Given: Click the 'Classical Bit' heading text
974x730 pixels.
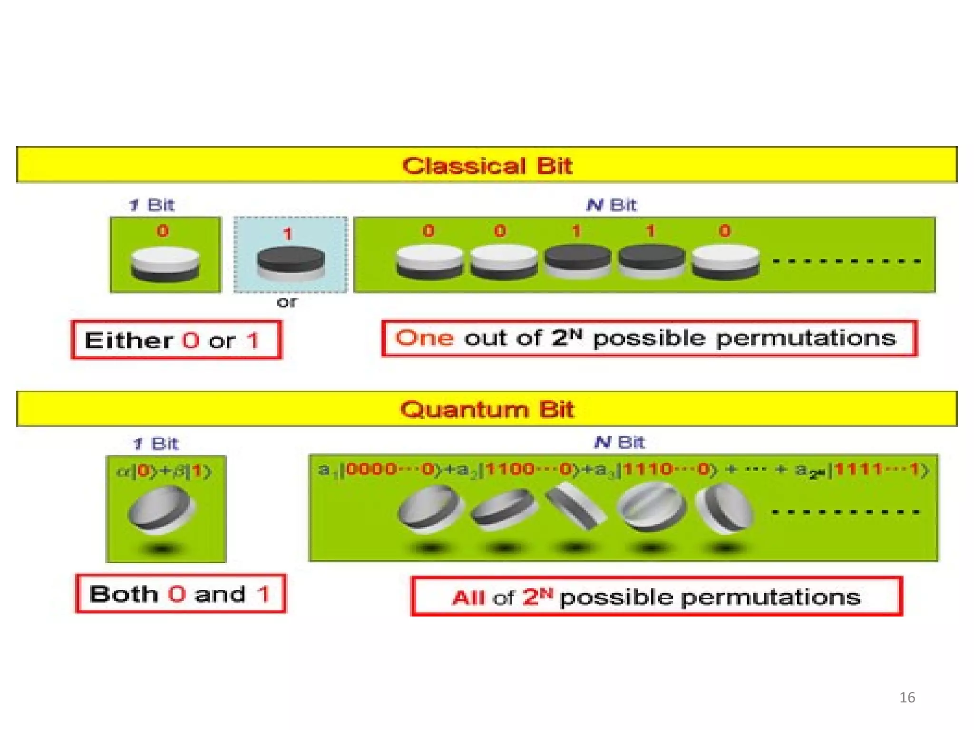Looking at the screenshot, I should tap(487, 166).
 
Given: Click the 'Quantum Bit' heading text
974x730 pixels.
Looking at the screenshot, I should tap(487, 409).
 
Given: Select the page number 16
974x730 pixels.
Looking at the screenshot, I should tap(907, 697).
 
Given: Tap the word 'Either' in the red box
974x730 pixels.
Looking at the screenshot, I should tap(129, 341).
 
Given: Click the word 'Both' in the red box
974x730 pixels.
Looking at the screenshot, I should tap(124, 594).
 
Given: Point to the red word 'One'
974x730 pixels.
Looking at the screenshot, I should tap(424, 338).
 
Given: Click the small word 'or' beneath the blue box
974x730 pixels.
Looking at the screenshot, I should tap(287, 302).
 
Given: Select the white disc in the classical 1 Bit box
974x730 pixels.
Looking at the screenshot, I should tap(165, 263).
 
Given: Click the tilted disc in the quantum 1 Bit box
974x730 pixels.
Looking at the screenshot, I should tap(162, 511).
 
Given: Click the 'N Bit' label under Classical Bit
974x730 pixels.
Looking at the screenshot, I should tap(612, 205).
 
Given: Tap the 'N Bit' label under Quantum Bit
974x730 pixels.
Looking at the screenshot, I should tap(619, 442).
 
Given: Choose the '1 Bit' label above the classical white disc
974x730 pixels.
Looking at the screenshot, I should tap(152, 205).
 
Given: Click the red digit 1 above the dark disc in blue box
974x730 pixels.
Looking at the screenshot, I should tap(287, 234).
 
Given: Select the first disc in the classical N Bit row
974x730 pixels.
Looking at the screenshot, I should tap(429, 261).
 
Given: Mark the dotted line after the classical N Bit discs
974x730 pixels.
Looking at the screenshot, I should tap(847, 261).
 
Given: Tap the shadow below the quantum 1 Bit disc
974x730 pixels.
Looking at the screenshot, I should tap(162, 549).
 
